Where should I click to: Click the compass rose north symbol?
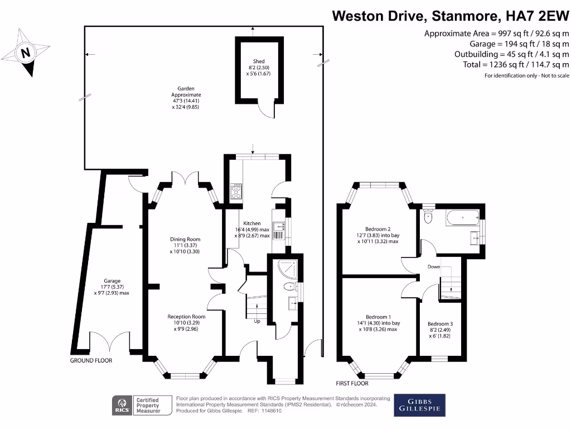pos(25,54)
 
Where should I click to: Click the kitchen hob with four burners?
pos(236,191)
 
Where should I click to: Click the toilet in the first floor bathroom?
pos(428,216)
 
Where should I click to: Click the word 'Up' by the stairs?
pos(257,322)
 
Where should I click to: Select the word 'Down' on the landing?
pos(434,267)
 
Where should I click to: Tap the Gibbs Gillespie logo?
pos(420,406)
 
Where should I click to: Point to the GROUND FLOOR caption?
pos(91,361)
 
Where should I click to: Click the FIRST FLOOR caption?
pos(352,384)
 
